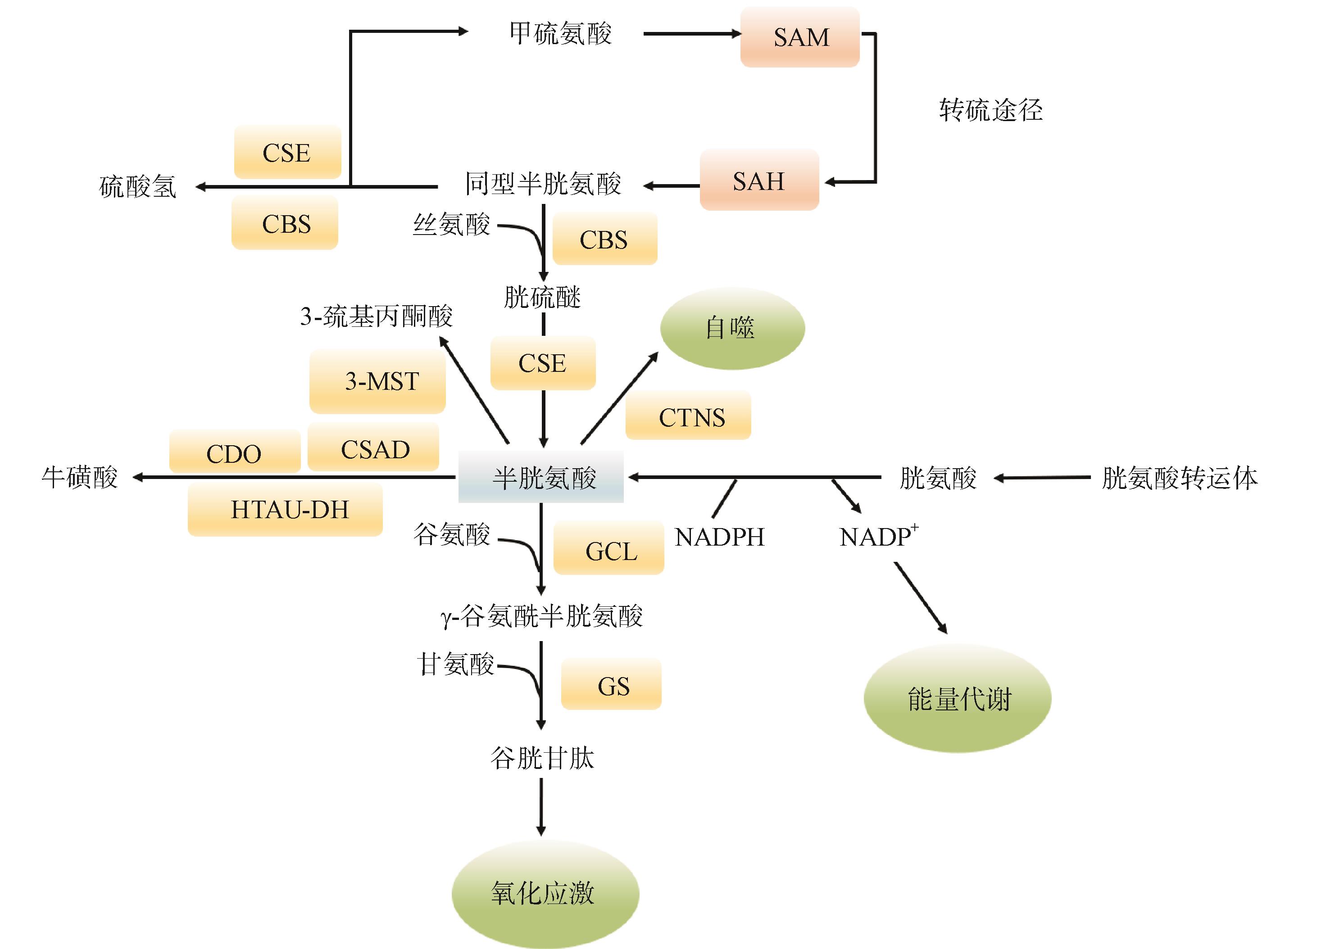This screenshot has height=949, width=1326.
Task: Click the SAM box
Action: click(800, 37)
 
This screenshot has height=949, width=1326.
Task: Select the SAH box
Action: click(759, 181)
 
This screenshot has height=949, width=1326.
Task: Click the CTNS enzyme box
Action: click(688, 416)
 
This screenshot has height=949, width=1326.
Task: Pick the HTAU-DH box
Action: click(285, 510)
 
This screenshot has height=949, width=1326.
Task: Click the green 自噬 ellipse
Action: click(732, 328)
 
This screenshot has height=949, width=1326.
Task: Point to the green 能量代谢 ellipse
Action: click(957, 699)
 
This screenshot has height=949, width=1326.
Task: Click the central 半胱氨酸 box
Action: click(541, 477)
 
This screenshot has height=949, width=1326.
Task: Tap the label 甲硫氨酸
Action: click(560, 33)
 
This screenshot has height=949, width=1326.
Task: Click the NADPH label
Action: click(720, 537)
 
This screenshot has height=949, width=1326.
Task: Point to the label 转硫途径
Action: click(990, 110)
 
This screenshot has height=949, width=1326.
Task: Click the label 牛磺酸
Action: click(80, 477)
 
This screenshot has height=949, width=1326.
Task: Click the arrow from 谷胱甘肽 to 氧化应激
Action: click(541, 806)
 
